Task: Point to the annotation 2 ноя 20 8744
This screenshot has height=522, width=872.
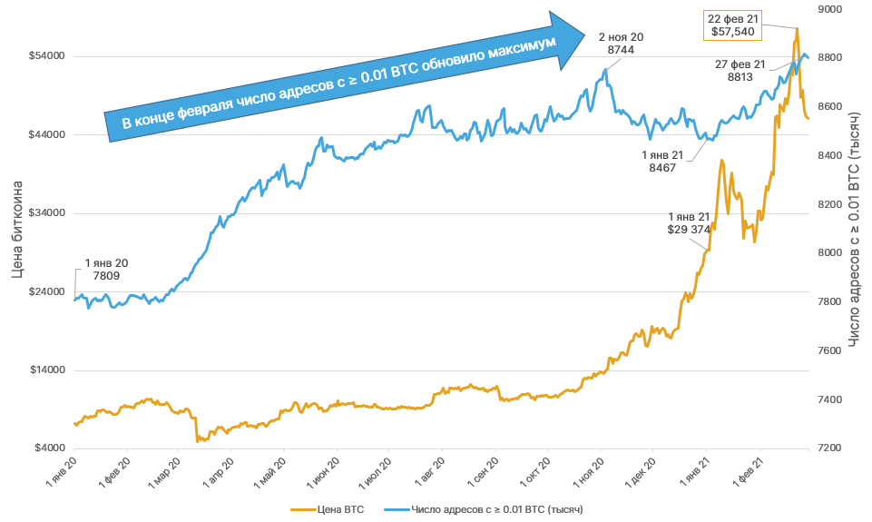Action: point(621,44)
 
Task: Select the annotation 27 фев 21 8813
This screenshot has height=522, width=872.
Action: point(740,71)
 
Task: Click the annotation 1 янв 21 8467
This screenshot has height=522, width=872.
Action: point(662,161)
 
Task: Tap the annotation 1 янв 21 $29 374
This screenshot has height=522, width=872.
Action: point(689,223)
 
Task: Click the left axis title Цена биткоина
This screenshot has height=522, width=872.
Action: point(17,229)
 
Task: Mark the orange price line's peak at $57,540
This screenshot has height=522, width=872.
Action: point(797,29)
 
